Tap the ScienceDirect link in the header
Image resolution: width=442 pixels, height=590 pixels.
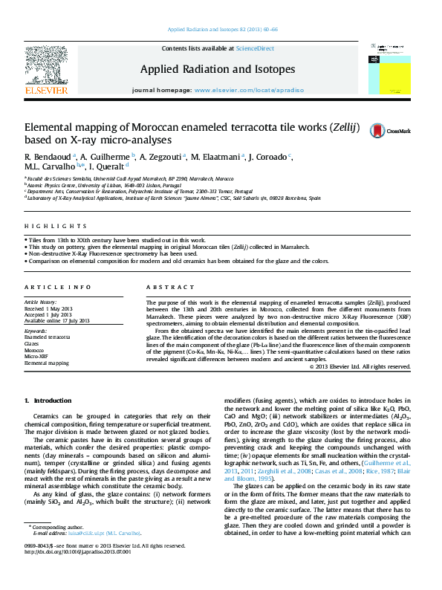point(255,48)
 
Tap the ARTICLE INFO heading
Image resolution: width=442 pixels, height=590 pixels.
point(49,287)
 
